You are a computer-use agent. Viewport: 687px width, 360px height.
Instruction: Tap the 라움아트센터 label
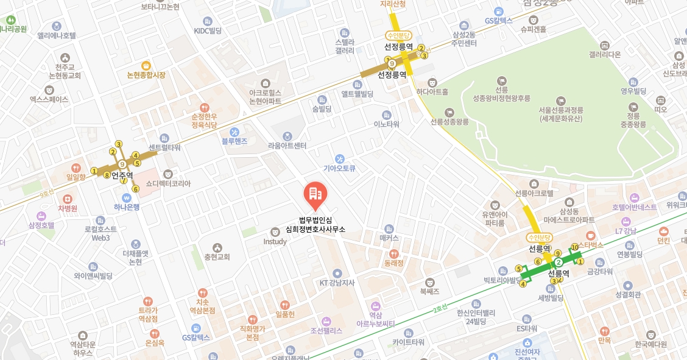pyautogui.click(x=287, y=146)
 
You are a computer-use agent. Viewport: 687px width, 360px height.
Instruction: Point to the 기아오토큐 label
pyautogui.click(x=339, y=168)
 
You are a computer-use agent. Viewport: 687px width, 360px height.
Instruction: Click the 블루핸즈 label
pyautogui.click(x=234, y=140)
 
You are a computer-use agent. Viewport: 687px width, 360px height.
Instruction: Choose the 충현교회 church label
pyautogui.click(x=217, y=256)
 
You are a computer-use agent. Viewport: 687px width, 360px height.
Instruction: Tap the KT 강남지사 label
pyautogui.click(x=337, y=282)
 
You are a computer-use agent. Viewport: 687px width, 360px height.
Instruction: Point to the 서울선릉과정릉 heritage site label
pyautogui.click(x=561, y=110)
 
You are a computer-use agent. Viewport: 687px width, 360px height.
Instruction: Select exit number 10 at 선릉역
pyautogui.click(x=574, y=247)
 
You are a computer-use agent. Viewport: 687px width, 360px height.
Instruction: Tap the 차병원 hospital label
pyautogui.click(x=68, y=208)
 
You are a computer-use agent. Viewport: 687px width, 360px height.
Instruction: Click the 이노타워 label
pyautogui.click(x=386, y=124)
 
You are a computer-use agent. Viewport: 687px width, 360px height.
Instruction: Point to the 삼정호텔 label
pyautogui.click(x=41, y=225)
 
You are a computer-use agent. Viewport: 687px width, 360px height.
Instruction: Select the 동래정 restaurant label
pyautogui.click(x=394, y=263)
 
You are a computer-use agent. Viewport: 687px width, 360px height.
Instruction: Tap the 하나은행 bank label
pyautogui.click(x=127, y=206)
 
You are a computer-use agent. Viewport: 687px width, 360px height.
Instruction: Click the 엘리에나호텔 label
pyautogui.click(x=57, y=35)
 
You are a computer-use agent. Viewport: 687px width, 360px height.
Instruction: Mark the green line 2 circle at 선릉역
pyautogui.click(x=558, y=262)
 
